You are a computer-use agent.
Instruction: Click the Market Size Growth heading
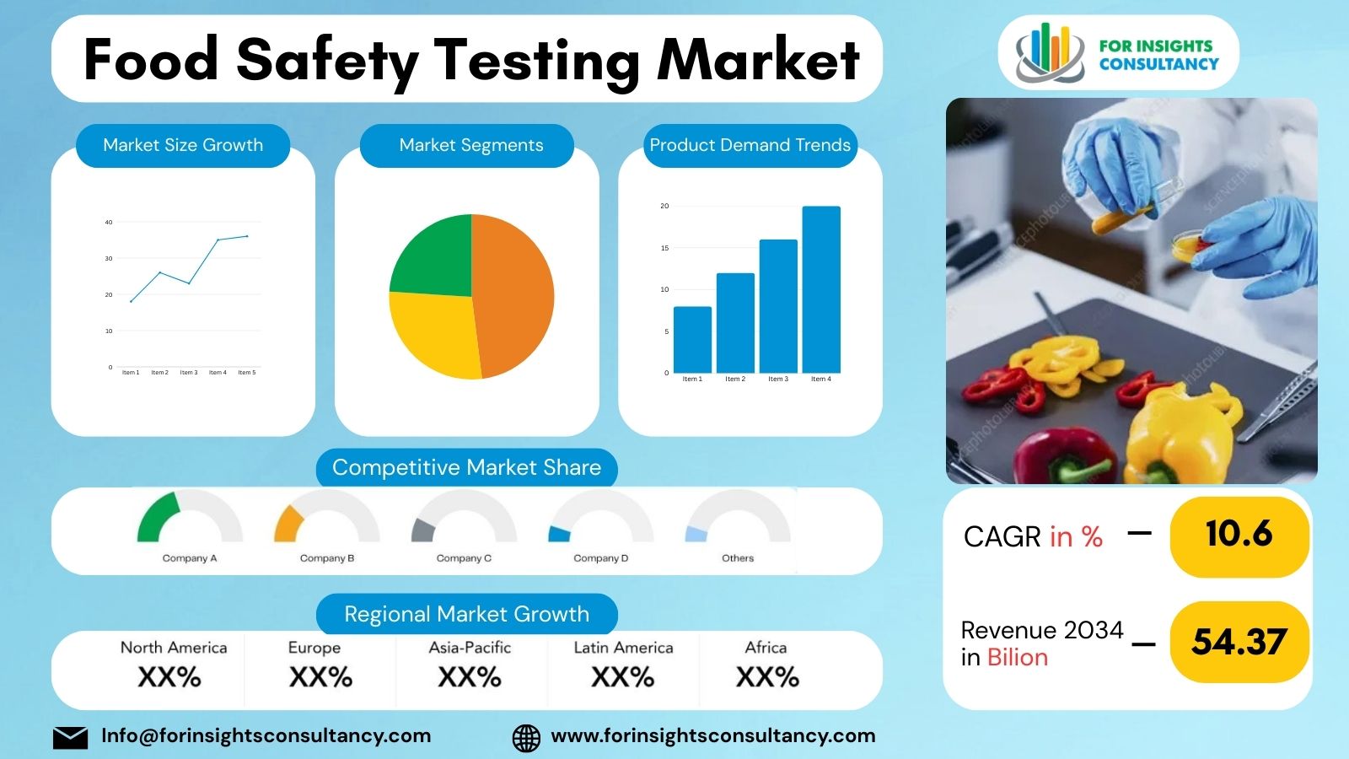click(x=183, y=145)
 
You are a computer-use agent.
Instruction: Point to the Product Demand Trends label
click(x=750, y=145)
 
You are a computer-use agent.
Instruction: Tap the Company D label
click(x=600, y=558)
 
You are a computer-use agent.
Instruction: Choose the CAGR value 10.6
click(x=1239, y=534)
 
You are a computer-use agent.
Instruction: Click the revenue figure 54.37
click(x=1239, y=643)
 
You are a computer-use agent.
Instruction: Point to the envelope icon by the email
click(x=70, y=737)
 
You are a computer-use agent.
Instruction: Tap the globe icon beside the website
click(x=526, y=737)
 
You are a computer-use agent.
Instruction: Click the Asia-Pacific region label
click(x=470, y=648)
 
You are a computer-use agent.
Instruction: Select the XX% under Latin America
click(x=622, y=677)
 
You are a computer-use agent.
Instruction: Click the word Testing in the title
click(x=536, y=61)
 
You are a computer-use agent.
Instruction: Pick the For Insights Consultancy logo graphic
click(x=1049, y=52)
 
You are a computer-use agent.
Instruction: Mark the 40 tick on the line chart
click(x=109, y=223)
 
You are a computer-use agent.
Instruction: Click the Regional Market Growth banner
click(x=466, y=614)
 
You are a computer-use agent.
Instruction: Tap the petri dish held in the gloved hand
click(x=1188, y=245)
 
